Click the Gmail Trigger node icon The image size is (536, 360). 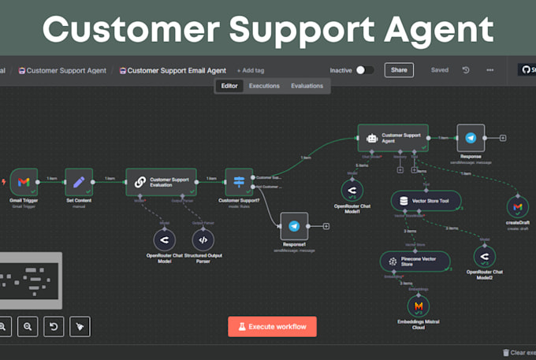pyautogui.click(x=24, y=182)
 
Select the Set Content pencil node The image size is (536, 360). pyautogui.click(x=79, y=182)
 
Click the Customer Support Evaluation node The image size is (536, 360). pyautogui.click(x=161, y=182)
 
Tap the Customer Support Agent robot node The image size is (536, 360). pyautogui.click(x=393, y=137)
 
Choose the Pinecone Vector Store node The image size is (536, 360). pyautogui.click(x=414, y=262)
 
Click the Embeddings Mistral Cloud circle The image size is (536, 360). pyautogui.click(x=419, y=306)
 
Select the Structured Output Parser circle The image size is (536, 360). pyautogui.click(x=203, y=239)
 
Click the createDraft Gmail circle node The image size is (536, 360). pyautogui.click(x=517, y=206)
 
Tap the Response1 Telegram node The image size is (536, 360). pyautogui.click(x=293, y=226)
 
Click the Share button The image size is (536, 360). pyautogui.click(x=399, y=70)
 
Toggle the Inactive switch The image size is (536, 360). pyautogui.click(x=365, y=70)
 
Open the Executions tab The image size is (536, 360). pyautogui.click(x=264, y=86)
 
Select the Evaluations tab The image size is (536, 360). pyautogui.click(x=307, y=86)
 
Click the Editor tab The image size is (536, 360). pyautogui.click(x=229, y=86)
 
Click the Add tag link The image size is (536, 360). pyautogui.click(x=251, y=70)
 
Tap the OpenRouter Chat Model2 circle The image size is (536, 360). pyautogui.click(x=483, y=258)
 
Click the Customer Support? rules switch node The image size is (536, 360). pyautogui.click(x=239, y=182)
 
